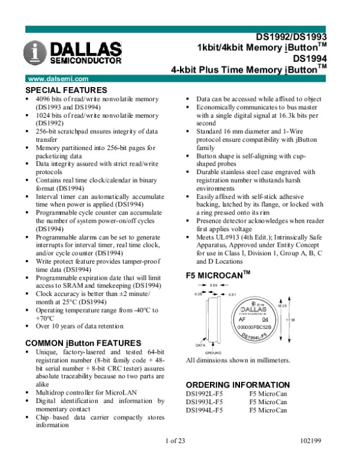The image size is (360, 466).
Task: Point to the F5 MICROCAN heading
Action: point(218,276)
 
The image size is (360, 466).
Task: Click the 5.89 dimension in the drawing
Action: point(214,285)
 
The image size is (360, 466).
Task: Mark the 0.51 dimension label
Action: point(233,295)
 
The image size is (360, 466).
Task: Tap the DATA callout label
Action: point(202,346)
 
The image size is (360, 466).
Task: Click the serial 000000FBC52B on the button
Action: point(255,327)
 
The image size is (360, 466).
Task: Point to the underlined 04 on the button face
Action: point(266,319)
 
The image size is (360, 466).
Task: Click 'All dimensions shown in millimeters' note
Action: point(238,360)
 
